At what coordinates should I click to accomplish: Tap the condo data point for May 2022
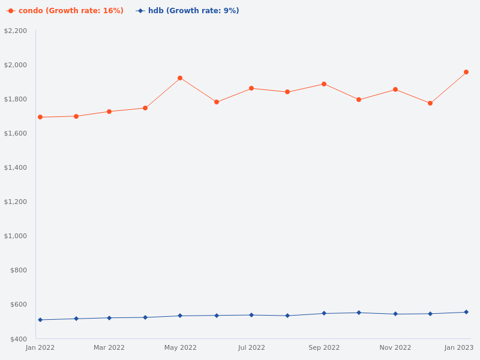(180, 78)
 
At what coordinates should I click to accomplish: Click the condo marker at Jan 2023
(466, 72)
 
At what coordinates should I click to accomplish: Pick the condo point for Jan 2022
(40, 117)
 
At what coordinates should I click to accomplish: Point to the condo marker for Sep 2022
(324, 84)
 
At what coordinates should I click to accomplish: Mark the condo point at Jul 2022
(251, 88)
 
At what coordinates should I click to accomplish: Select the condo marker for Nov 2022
(395, 89)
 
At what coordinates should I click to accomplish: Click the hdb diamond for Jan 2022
(40, 320)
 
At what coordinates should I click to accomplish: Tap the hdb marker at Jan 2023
(466, 312)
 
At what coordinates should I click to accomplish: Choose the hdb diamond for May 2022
(180, 316)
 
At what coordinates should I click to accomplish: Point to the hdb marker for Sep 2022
(324, 313)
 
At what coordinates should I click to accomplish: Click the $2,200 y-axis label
(16, 31)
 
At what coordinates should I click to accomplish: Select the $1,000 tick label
(16, 236)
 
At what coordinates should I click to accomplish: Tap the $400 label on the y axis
(19, 339)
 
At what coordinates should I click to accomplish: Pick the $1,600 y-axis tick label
(16, 133)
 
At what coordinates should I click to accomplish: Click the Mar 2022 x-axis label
(109, 347)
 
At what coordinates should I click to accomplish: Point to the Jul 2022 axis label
(251, 347)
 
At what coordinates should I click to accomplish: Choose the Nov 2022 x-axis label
(395, 347)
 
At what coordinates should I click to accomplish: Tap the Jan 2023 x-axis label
(459, 347)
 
